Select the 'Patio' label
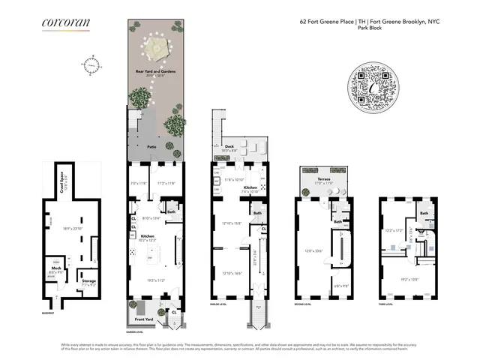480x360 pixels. click(151, 147)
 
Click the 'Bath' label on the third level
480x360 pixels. click(424, 213)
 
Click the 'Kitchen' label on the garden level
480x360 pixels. click(148, 235)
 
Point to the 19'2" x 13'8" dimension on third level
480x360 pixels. click(409, 278)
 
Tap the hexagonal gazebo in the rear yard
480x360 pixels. click(156, 47)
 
